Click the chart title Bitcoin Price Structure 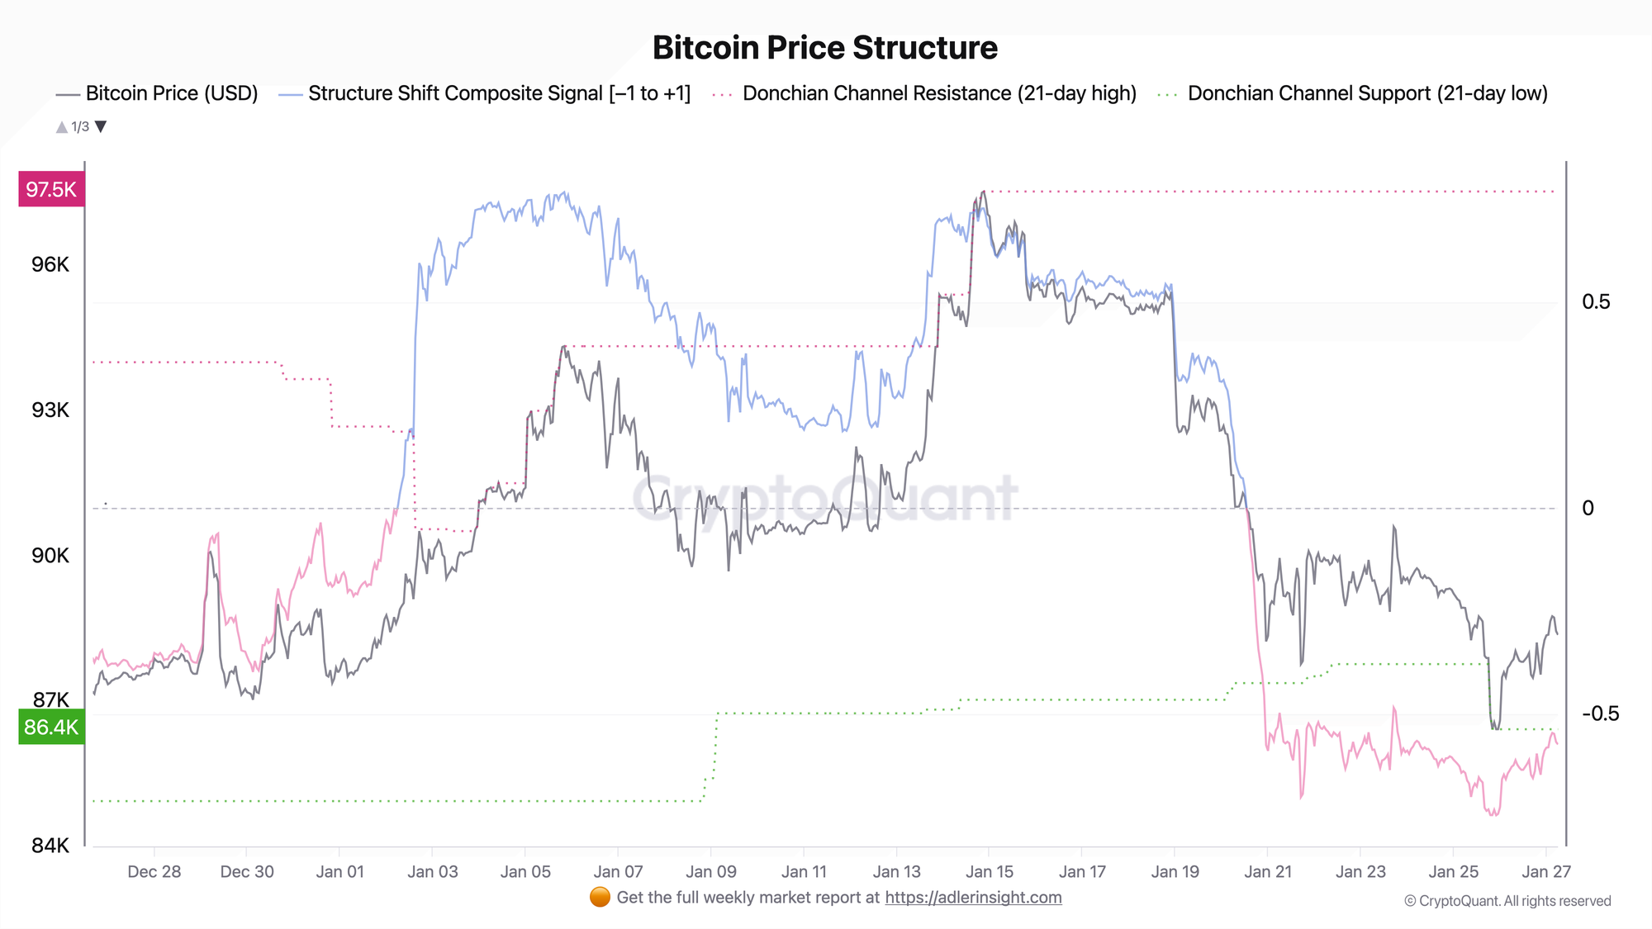[824, 48]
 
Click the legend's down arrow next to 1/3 [101, 126]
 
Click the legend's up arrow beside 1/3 [61, 127]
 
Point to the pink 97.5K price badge [51, 190]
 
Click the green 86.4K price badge [51, 728]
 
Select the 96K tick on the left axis [50, 265]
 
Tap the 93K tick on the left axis [50, 410]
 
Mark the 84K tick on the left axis [50, 846]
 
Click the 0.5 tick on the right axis [1596, 302]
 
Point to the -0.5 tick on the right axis [1600, 714]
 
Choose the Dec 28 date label [154, 872]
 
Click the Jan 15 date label [990, 872]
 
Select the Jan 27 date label [1546, 872]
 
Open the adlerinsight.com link [973, 898]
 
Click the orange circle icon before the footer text [601, 898]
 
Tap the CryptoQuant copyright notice [1507, 901]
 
